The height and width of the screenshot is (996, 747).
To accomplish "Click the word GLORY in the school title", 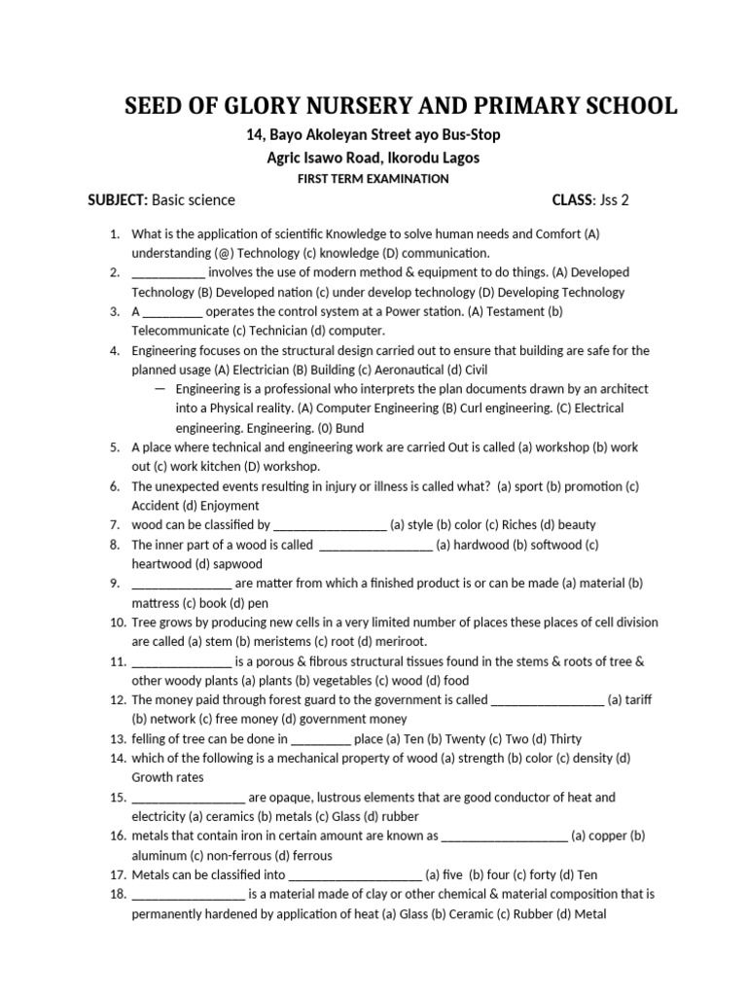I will click(x=269, y=106).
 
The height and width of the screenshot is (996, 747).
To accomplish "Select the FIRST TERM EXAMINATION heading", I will click(x=373, y=179).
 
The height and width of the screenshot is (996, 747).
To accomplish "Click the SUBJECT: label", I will click(x=117, y=200).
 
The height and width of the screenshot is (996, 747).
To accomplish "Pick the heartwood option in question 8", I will click(x=161, y=564).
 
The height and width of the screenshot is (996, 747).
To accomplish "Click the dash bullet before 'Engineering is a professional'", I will click(x=159, y=389).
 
